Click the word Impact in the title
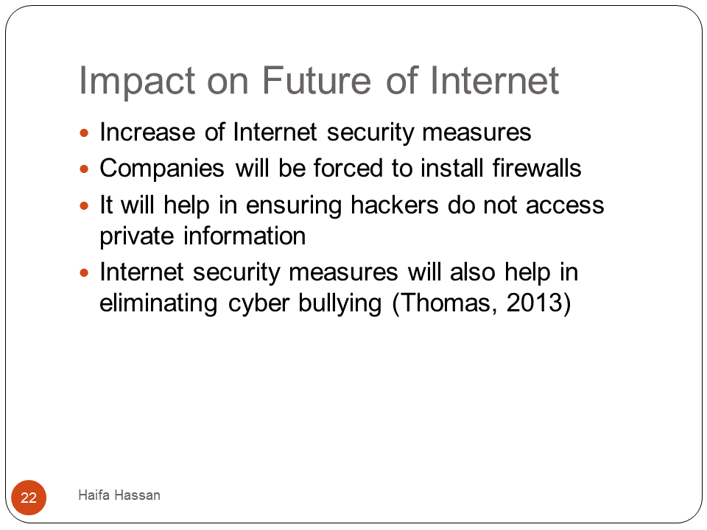tap(137, 81)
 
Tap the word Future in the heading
tap(317, 80)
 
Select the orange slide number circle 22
tap(29, 498)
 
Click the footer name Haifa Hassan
tap(119, 495)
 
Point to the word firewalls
tap(537, 168)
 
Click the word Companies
tap(162, 169)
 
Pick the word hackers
tap(395, 205)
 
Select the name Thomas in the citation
tap(445, 303)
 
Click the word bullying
tap(340, 303)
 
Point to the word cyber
tap(258, 303)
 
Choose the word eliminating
tap(159, 303)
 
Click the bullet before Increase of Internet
tap(84, 132)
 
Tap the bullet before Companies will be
tap(84, 169)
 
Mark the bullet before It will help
tap(84, 206)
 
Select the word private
tap(137, 236)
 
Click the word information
tap(245, 236)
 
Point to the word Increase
tap(147, 132)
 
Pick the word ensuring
tap(294, 206)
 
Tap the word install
tap(451, 168)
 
